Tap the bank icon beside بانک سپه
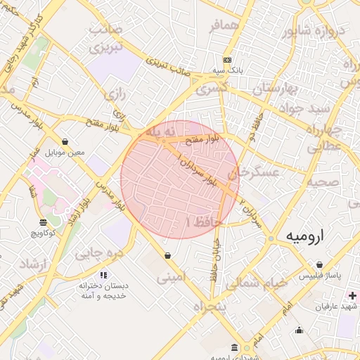(226, 60)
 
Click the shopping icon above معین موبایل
(65, 141)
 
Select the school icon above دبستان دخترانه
(103, 275)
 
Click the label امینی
(172, 278)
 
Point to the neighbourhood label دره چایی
(98, 252)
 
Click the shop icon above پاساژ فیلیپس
(319, 264)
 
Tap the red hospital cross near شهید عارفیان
(352, 296)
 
